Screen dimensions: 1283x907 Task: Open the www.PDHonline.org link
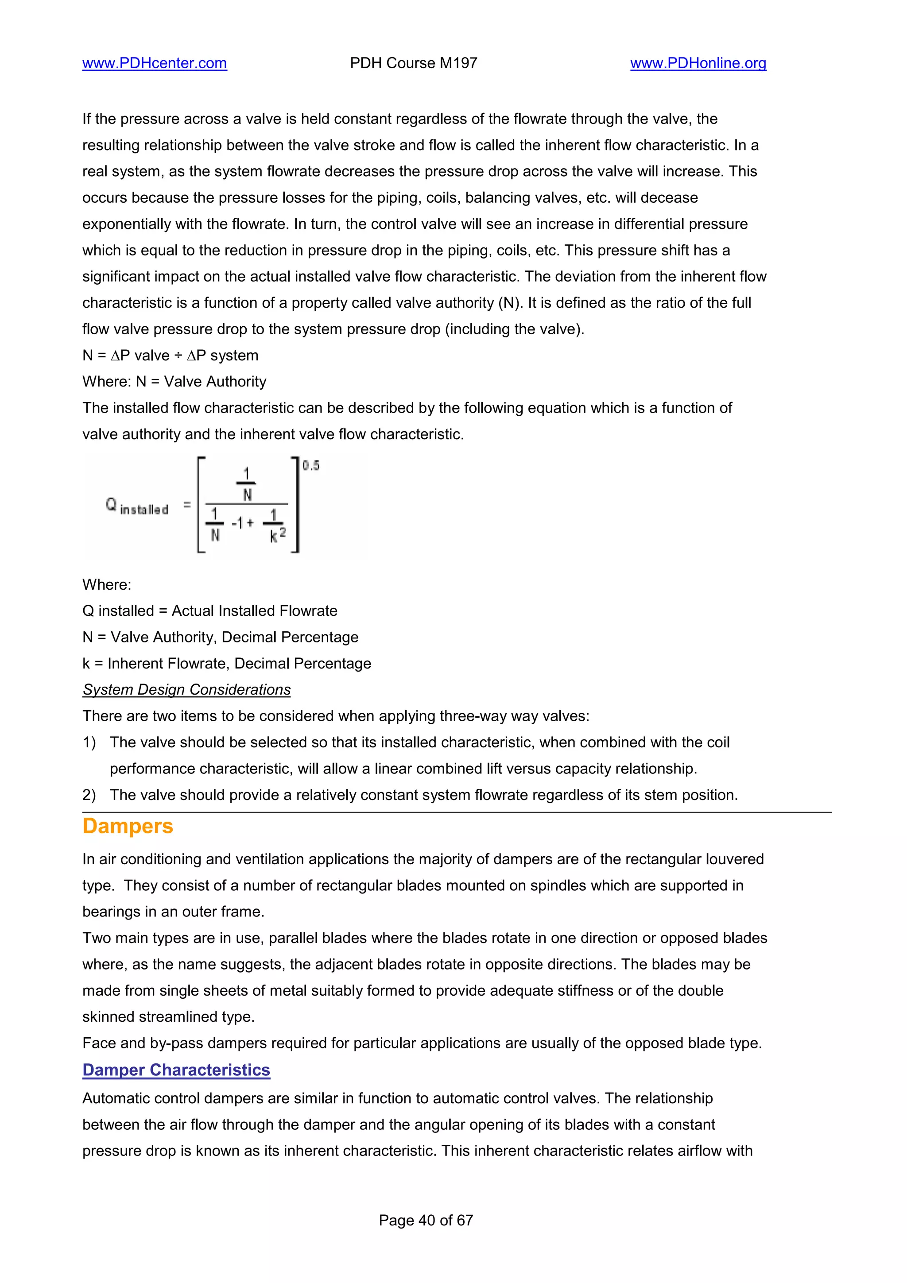pyautogui.click(x=698, y=63)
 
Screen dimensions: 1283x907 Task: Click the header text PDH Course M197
pyautogui.click(x=414, y=63)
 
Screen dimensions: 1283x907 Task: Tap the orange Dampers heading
pyautogui.click(x=128, y=826)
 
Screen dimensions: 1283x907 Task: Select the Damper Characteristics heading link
pyautogui.click(x=176, y=1070)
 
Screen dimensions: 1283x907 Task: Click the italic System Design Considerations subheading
pyautogui.click(x=186, y=690)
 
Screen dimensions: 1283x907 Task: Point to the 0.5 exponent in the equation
pyautogui.click(x=311, y=465)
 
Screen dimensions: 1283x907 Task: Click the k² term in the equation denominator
pyautogui.click(x=277, y=534)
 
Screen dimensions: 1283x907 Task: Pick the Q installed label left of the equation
pyautogui.click(x=137, y=507)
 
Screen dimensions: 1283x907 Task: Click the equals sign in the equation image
pyautogui.click(x=187, y=505)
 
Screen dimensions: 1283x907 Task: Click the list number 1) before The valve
pyautogui.click(x=89, y=742)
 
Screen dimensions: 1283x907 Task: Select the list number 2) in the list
pyautogui.click(x=89, y=795)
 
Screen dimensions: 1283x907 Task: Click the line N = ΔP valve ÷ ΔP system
pyautogui.click(x=171, y=356)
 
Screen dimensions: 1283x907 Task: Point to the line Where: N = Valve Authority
pyautogui.click(x=174, y=382)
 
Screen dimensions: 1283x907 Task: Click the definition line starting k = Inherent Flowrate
pyautogui.click(x=226, y=663)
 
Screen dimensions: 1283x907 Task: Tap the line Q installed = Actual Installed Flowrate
pyautogui.click(x=209, y=611)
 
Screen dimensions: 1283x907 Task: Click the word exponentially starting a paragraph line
pyautogui.click(x=127, y=224)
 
